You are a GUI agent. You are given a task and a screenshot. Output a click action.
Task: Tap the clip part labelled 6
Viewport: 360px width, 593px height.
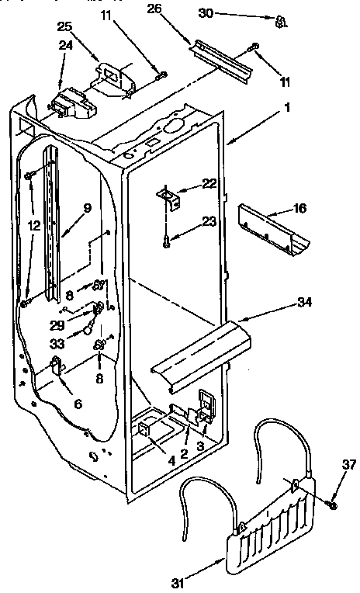pyautogui.click(x=57, y=364)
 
